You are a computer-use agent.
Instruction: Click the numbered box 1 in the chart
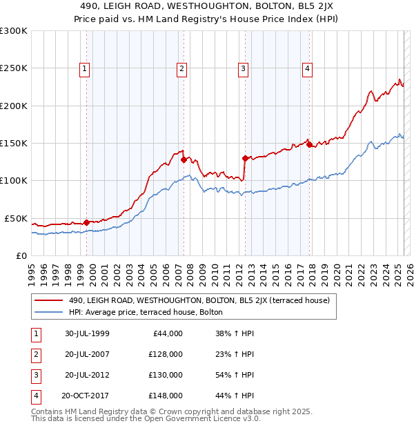(84, 68)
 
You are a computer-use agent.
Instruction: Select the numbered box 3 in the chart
(244, 68)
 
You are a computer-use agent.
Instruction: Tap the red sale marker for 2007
(184, 159)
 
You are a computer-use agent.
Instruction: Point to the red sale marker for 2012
(245, 158)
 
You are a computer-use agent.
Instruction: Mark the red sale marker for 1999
(87, 222)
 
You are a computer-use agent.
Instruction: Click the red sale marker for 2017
(309, 145)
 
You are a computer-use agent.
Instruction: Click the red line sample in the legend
(48, 300)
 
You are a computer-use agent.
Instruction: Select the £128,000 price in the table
(166, 354)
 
